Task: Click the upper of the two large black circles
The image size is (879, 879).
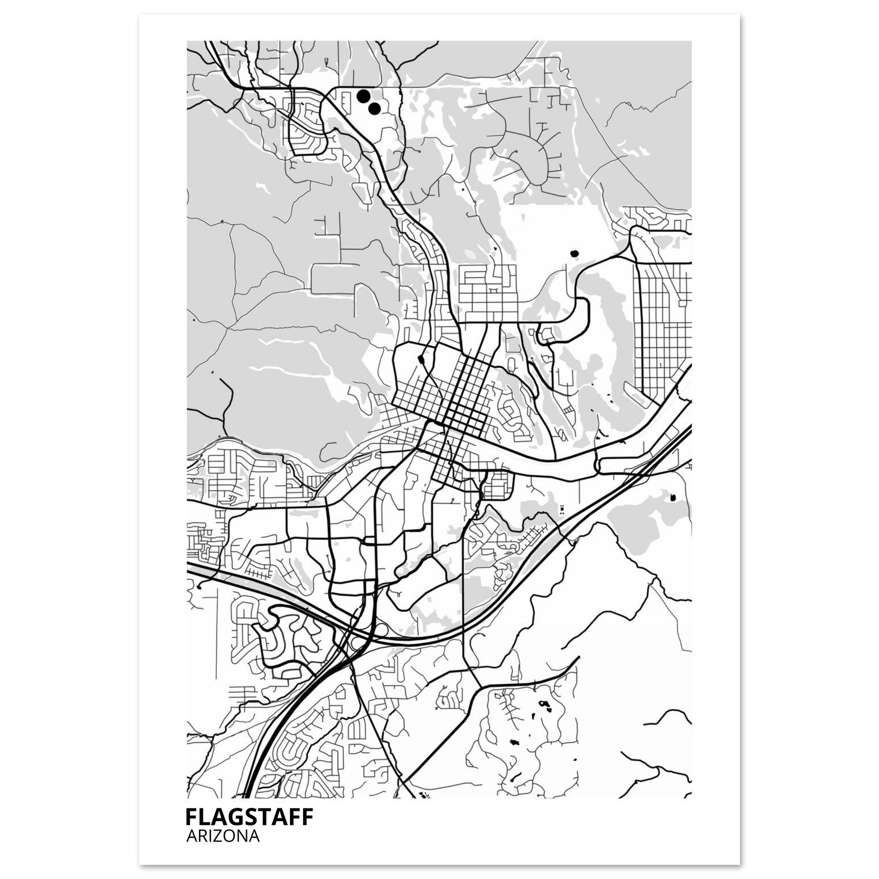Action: [x=363, y=96]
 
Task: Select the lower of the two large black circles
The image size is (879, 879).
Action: [x=374, y=109]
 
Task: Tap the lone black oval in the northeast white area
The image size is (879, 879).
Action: [x=574, y=253]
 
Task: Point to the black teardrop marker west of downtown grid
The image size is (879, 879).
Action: [x=420, y=360]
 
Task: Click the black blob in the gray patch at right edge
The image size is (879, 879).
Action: [x=673, y=498]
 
